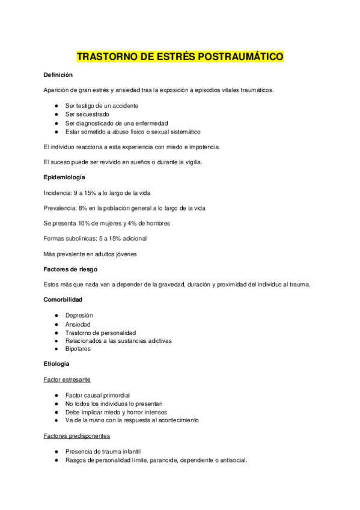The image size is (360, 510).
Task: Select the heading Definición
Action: point(58,75)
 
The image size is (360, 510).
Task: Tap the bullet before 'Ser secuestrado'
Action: point(55,114)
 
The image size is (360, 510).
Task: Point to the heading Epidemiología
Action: point(64,177)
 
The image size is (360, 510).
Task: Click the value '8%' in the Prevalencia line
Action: point(82,207)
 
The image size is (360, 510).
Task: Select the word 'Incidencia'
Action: point(58,192)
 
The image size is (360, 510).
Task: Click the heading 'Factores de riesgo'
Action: point(70,269)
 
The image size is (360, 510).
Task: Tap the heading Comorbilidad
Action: point(63,300)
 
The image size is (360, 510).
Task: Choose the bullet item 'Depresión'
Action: point(79,315)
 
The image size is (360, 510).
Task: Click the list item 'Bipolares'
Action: point(78,349)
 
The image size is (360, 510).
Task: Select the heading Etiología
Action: point(56,364)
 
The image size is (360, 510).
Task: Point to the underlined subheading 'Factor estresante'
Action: point(67,379)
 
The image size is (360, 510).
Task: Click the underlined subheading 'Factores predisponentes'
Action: point(76,435)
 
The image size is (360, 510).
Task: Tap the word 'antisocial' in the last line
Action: point(231,460)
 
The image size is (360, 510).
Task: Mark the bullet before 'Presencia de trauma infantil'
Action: point(55,452)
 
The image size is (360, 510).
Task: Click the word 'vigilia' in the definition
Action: point(193,162)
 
